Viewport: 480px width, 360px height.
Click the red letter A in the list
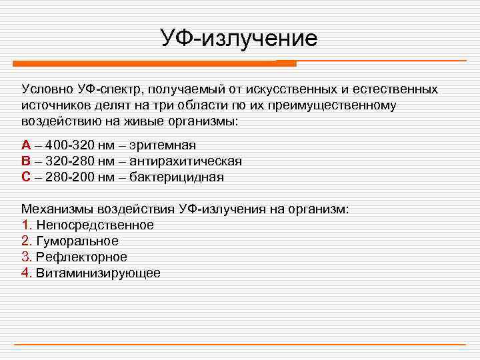point(25,145)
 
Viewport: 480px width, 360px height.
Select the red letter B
point(25,161)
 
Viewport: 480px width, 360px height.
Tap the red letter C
point(25,177)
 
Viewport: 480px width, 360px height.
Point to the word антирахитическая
point(189,161)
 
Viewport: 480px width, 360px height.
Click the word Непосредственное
point(95,225)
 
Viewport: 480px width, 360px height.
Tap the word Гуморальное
point(77,241)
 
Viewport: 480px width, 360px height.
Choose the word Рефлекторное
point(81,257)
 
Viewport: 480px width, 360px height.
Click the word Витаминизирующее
point(98,273)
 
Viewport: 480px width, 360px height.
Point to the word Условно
point(47,89)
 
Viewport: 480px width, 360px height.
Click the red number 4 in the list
point(25,273)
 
